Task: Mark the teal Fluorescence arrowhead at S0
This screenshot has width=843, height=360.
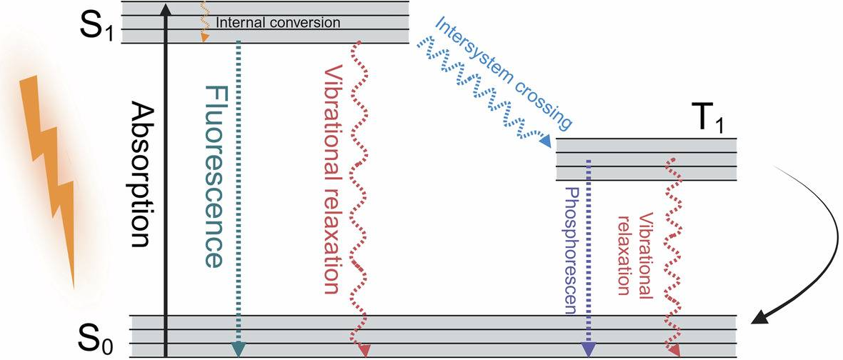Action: pos(238,349)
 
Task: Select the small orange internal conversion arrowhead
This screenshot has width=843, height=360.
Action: pos(204,36)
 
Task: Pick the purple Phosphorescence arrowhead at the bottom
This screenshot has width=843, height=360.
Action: pos(588,349)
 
